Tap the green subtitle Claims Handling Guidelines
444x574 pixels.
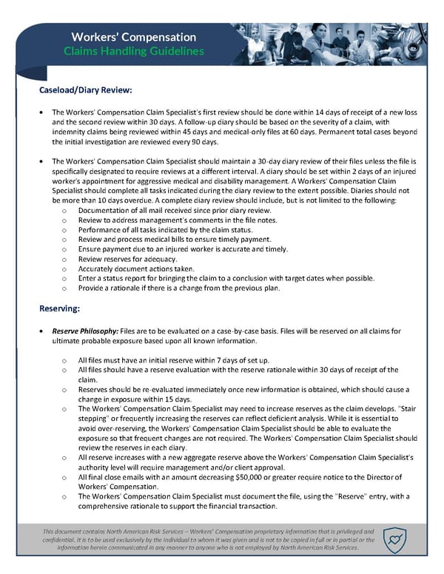pyautogui.click(x=134, y=51)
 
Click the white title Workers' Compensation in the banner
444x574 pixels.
pyautogui.click(x=134, y=37)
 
